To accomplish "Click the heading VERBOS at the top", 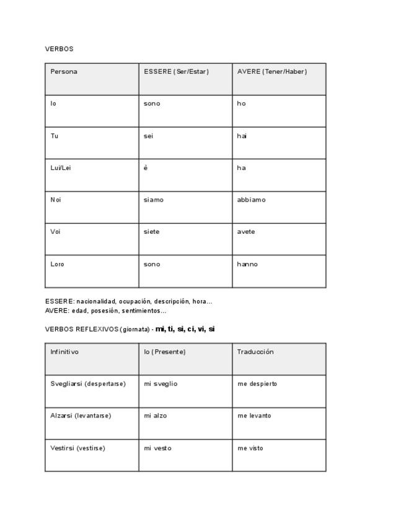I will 59,49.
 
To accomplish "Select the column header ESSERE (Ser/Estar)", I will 176,72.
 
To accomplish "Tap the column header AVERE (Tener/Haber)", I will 271,72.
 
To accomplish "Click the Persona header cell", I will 64,72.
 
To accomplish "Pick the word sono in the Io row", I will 152,104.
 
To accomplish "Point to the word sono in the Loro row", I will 152,264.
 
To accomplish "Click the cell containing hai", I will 242,136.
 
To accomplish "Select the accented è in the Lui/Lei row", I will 146,168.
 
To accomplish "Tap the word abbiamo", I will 251,200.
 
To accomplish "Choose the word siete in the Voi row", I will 151,232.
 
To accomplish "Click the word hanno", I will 247,264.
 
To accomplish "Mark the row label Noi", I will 56,200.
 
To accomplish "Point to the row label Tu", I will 55,136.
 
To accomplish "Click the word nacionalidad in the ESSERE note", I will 96,301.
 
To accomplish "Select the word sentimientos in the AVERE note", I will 144,311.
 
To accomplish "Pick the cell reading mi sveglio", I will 161,384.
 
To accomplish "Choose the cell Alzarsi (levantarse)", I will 81,416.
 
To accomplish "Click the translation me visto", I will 250,448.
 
